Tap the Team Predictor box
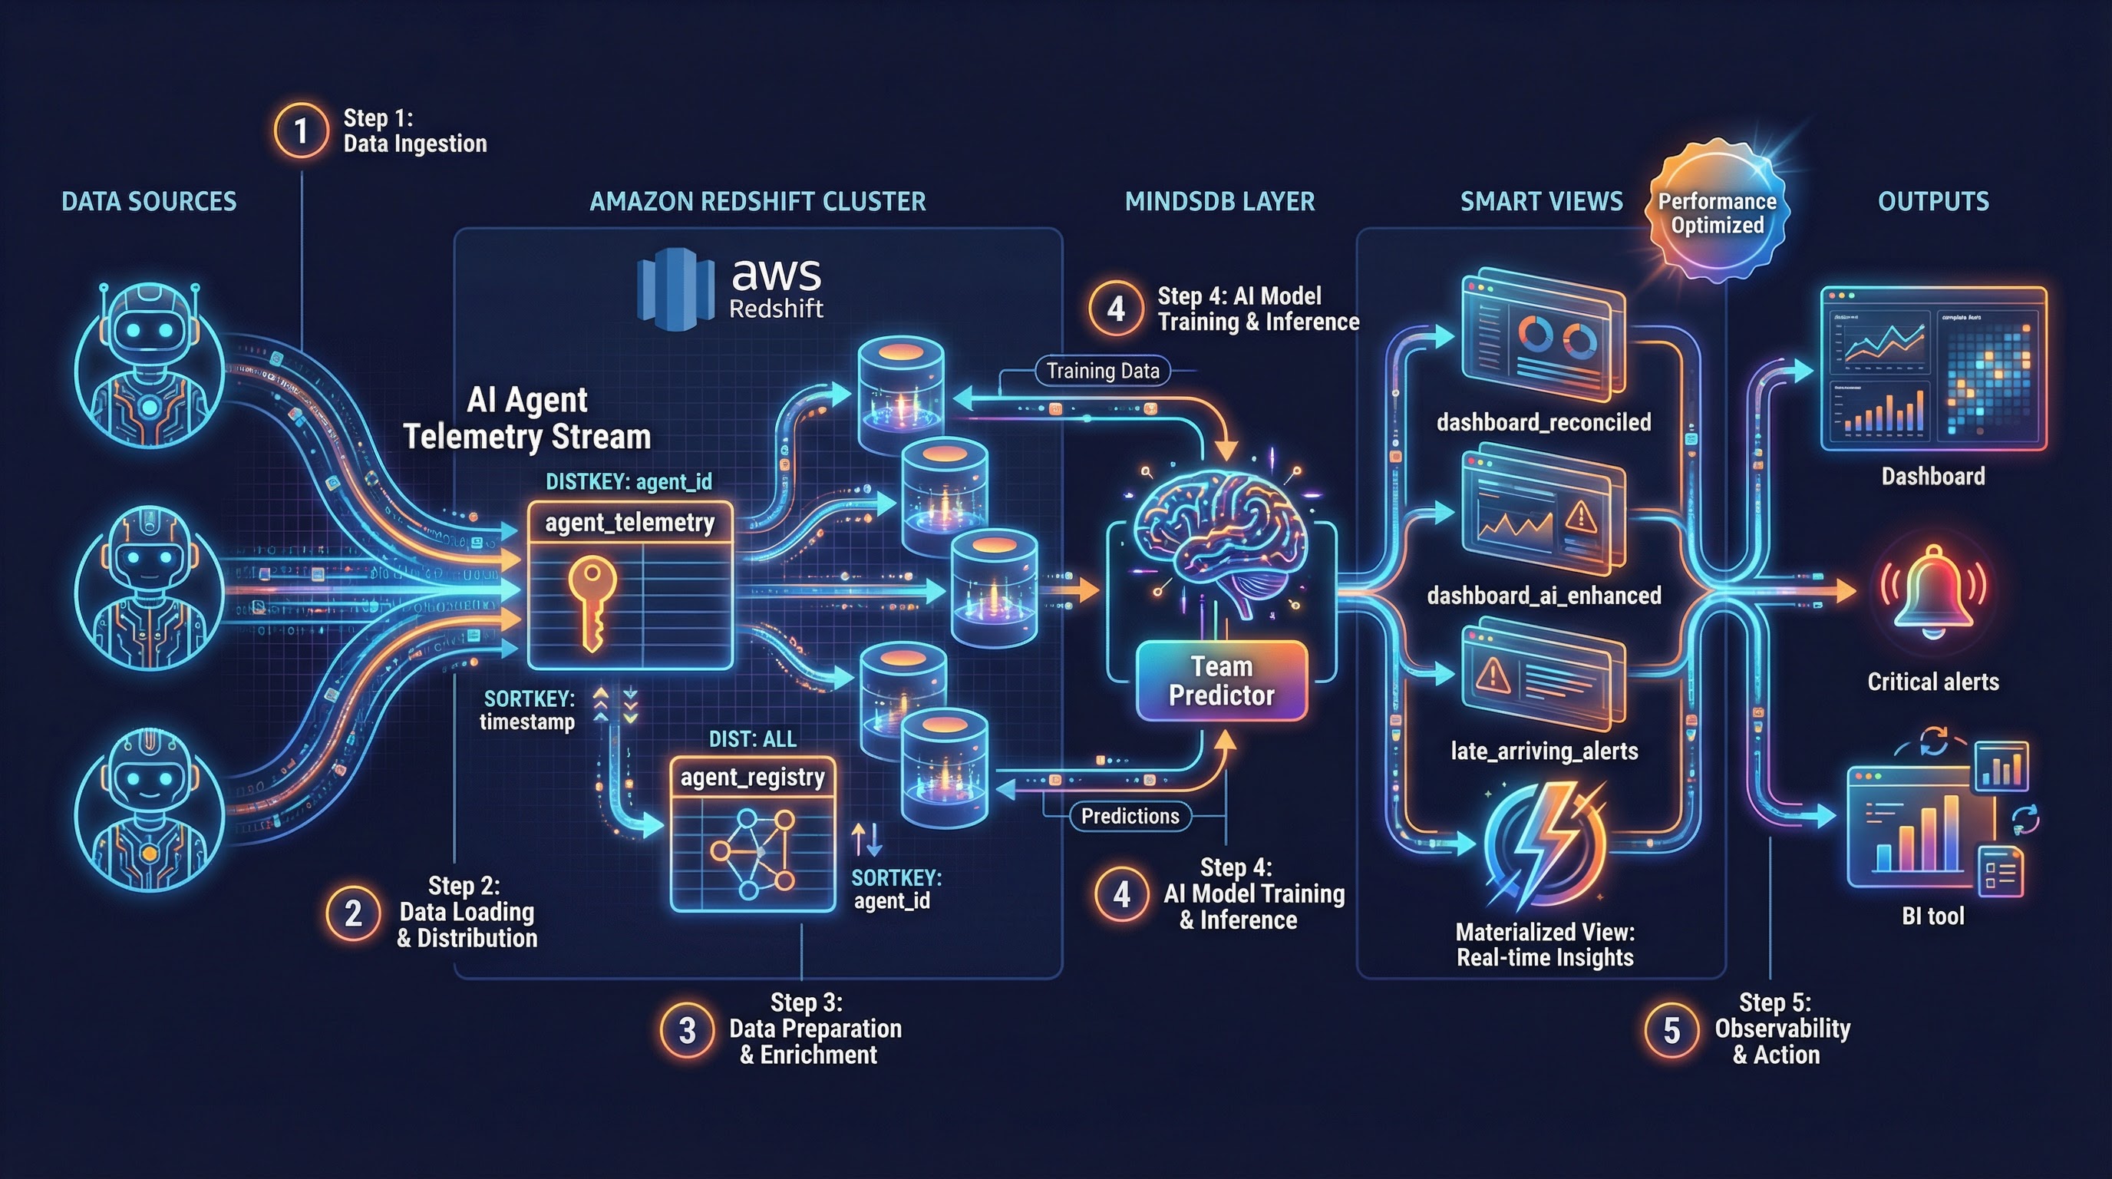1221,681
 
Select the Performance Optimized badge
1717,213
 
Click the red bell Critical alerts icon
1932,591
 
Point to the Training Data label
1103,371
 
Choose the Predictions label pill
1130,816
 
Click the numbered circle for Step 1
301,130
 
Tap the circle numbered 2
353,913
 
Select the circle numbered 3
687,1030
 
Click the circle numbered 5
1671,1030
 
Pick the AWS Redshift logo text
775,287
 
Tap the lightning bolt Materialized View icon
1543,844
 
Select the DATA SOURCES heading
149,202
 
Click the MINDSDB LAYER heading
1219,202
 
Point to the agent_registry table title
752,777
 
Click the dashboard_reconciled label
1543,422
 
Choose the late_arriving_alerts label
1544,751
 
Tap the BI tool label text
1932,916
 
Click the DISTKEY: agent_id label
629,481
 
